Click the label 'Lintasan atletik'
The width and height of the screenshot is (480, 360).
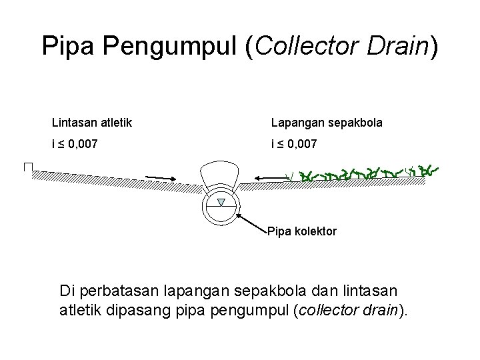tap(92, 123)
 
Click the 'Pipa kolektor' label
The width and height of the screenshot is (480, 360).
tap(301, 232)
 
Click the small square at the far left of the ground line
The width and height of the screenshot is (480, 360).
tap(28, 167)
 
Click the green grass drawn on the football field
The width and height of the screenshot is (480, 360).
tap(367, 175)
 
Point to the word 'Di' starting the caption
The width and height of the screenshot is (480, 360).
tap(67, 291)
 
